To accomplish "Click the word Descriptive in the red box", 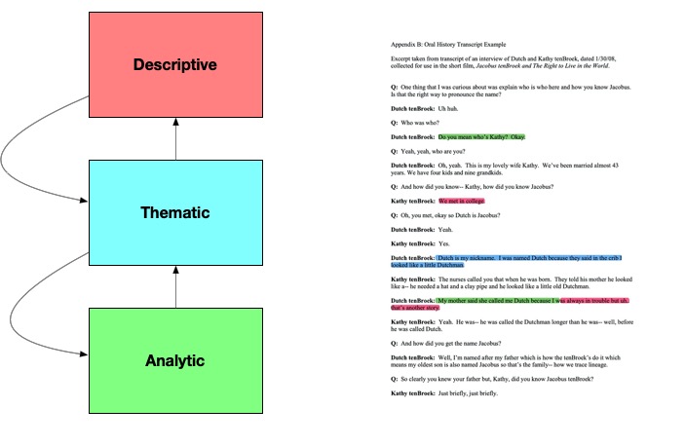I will [175, 66].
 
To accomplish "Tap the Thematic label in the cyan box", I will [175, 212].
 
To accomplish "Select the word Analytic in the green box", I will [175, 360].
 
